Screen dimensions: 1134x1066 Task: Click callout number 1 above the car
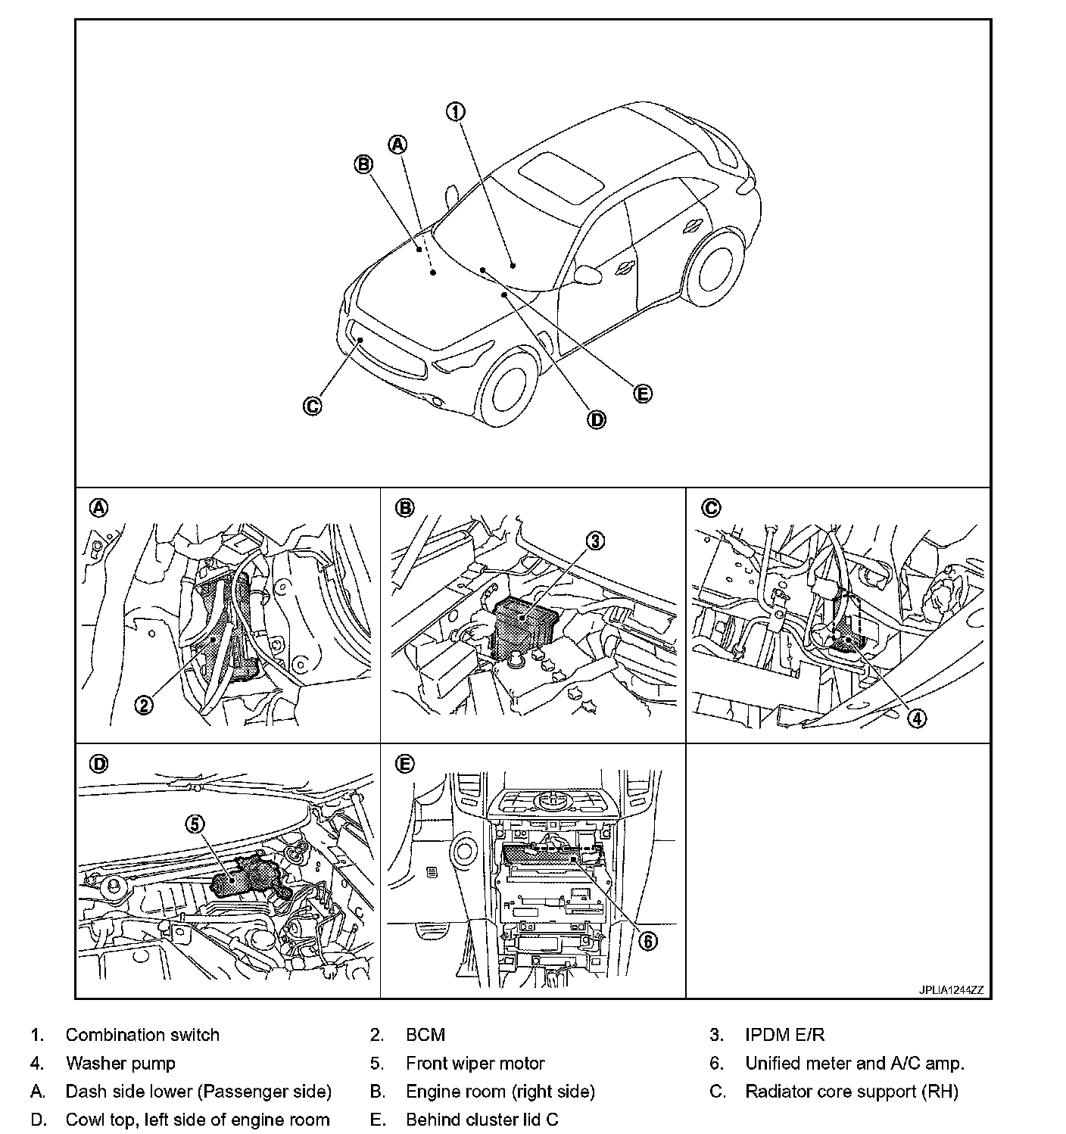point(455,112)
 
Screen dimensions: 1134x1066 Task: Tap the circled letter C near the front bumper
point(312,406)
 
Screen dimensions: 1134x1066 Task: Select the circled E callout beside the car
point(642,394)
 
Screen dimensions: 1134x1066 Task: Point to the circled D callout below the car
point(597,419)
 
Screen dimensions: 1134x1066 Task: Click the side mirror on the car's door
point(589,273)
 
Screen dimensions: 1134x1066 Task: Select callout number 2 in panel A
point(144,705)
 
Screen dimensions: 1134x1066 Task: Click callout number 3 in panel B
point(596,541)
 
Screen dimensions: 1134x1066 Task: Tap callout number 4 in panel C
point(916,718)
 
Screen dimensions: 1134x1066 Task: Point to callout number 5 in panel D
point(196,824)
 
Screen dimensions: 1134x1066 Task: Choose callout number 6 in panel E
point(647,941)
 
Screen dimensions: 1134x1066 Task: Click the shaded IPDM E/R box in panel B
point(522,625)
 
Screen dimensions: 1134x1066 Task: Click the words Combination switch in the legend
point(142,1035)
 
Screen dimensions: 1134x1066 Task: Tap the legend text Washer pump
point(120,1063)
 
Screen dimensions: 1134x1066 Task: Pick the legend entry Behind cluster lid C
point(482,1119)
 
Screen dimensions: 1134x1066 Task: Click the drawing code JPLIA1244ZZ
point(951,989)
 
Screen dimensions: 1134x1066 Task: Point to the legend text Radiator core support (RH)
point(851,1091)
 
